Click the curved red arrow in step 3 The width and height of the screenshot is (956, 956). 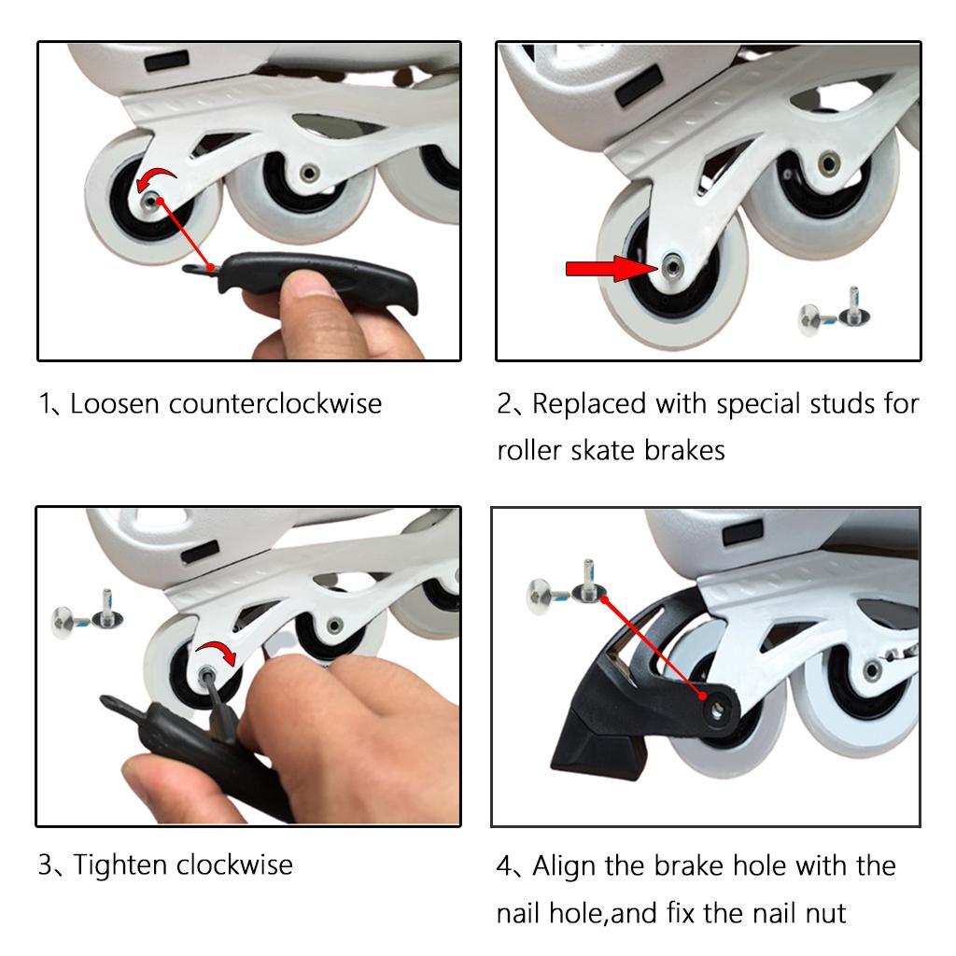pyautogui.click(x=218, y=652)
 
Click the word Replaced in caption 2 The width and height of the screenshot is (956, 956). pyautogui.click(x=590, y=404)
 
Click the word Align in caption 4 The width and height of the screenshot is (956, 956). pyautogui.click(x=565, y=865)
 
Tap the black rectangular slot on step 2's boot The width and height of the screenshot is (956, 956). pyautogui.click(x=639, y=85)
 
